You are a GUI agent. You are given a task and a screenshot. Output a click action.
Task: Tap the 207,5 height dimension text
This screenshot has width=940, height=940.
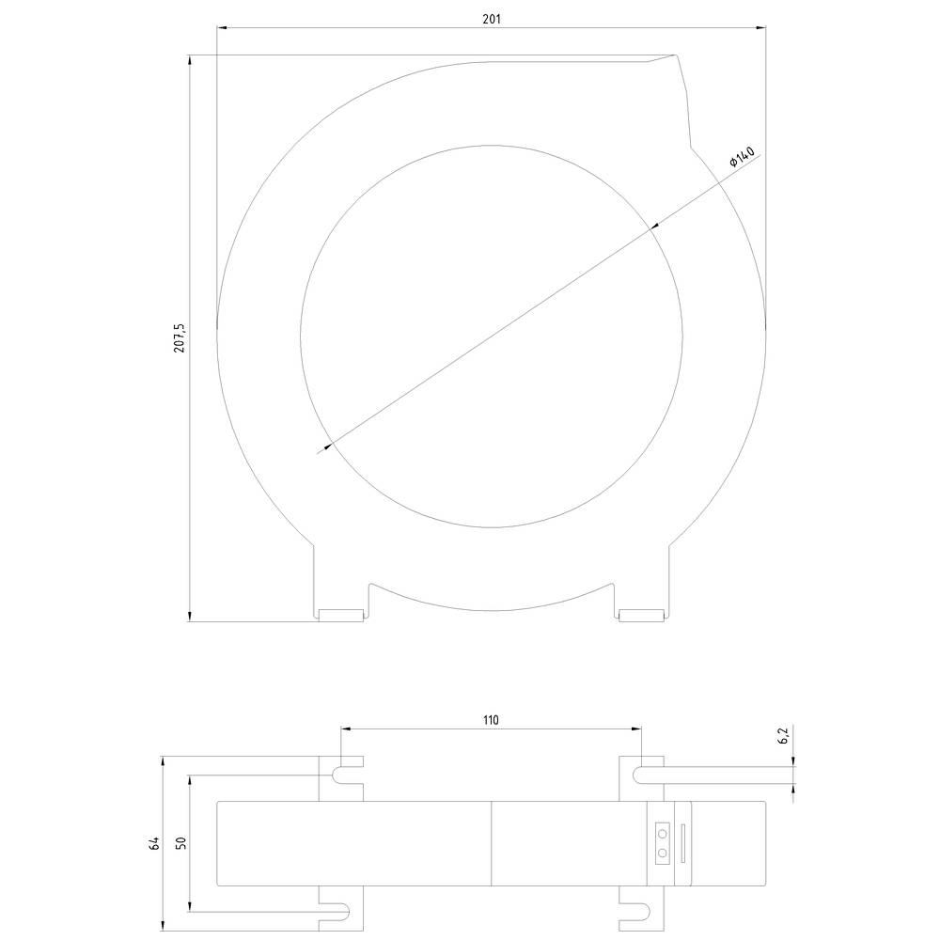coord(180,338)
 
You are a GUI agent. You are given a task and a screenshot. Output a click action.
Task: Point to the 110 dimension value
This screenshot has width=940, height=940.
coord(491,720)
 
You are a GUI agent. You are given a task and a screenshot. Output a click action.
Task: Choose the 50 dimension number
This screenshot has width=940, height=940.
coord(180,843)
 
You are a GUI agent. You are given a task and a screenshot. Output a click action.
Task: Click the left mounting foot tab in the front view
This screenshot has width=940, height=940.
coord(341,616)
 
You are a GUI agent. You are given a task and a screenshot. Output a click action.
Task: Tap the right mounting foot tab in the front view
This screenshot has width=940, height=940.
coord(642,616)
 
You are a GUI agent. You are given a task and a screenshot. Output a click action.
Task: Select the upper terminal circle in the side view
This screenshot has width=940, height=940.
coord(663,834)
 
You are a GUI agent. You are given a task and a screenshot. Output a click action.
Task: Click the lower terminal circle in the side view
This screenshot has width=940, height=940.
coord(663,853)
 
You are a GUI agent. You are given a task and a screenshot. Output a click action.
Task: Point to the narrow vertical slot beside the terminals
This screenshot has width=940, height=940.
coord(683,842)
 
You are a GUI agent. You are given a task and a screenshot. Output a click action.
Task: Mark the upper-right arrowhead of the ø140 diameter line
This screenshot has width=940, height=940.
coord(656,224)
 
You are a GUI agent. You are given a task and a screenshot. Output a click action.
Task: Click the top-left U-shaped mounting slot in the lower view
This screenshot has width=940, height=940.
coord(343,774)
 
